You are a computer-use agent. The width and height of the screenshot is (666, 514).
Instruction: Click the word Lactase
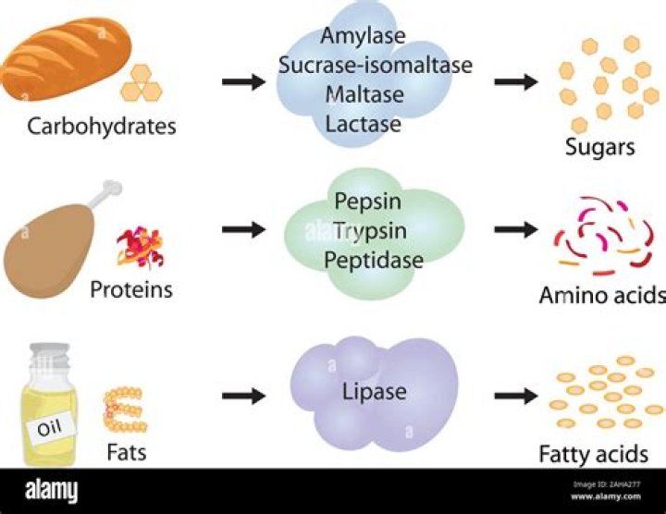coord(363,123)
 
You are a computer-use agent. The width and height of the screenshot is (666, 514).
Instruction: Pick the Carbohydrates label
coord(102,126)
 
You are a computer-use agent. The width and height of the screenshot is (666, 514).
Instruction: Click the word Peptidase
coord(374,260)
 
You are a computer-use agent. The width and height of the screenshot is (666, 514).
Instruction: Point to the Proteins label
coord(130,289)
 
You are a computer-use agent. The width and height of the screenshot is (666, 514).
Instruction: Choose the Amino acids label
coord(602,295)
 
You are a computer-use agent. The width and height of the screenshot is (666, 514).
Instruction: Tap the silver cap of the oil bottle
coord(48,354)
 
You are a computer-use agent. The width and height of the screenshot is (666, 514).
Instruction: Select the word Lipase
coord(374,392)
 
